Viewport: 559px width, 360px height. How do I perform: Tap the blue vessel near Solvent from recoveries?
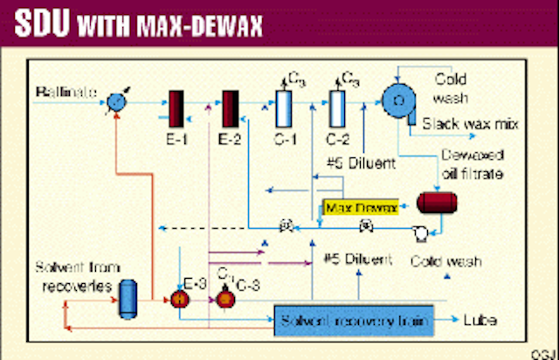128,297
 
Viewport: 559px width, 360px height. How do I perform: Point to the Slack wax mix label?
472,124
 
